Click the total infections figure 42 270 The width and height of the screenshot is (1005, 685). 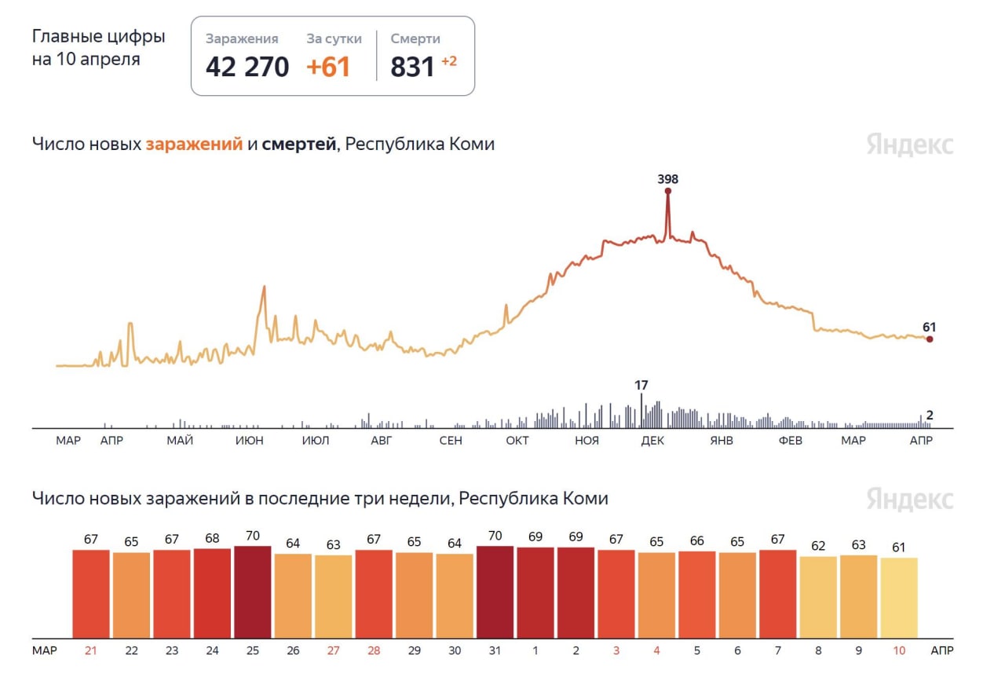[x=247, y=67]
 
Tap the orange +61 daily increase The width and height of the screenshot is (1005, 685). [x=328, y=67]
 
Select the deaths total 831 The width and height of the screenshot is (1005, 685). [x=412, y=67]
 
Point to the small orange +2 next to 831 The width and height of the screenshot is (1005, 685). [x=449, y=61]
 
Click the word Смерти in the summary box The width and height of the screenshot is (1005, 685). [x=415, y=38]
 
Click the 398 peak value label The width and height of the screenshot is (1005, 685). [x=667, y=179]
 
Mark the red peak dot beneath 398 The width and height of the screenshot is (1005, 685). [x=668, y=191]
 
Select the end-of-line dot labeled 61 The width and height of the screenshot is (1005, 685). [x=930, y=339]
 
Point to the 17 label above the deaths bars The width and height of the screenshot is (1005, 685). [x=641, y=385]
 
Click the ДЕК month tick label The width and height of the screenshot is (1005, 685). [x=652, y=441]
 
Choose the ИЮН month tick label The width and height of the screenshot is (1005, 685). [x=250, y=441]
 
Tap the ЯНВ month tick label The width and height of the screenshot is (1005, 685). [x=721, y=441]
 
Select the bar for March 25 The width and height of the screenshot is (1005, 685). [x=253, y=592]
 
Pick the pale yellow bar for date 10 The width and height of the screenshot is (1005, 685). [x=899, y=598]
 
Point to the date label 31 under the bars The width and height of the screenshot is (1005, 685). [x=495, y=650]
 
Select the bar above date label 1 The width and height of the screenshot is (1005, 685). [x=535, y=593]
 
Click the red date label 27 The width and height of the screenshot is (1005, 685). [x=334, y=650]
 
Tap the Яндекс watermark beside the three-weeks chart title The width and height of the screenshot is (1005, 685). [x=910, y=499]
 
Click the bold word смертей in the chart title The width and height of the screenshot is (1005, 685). [x=298, y=145]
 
